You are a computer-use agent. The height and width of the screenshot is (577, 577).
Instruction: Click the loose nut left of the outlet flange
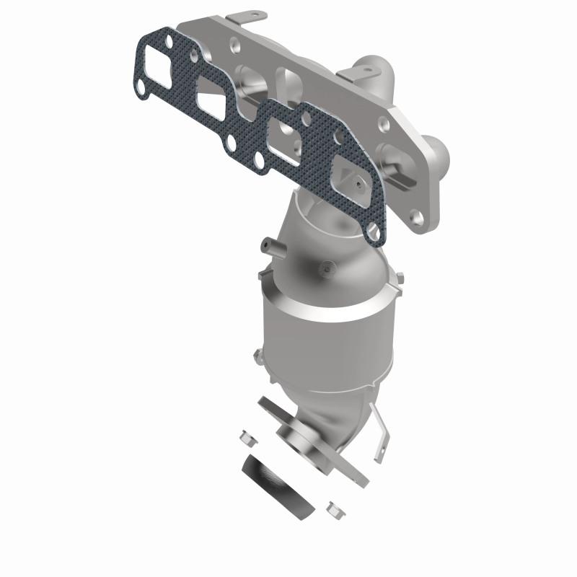(244, 437)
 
